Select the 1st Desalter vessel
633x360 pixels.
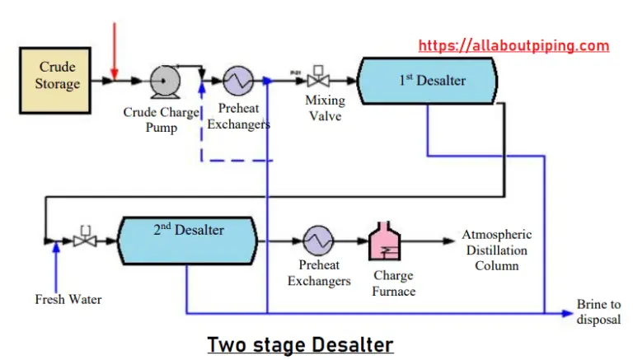427,81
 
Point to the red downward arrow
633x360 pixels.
115,49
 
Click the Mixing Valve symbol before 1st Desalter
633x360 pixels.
314,82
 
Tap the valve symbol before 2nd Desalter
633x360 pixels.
82,240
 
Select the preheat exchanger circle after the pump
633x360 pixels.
238,82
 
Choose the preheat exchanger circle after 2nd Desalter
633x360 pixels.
317,241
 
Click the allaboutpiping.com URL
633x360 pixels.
513,45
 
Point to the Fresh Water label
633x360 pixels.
68,299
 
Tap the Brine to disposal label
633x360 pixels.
599,312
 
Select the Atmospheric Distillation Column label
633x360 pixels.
496,250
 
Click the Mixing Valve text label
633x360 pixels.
325,108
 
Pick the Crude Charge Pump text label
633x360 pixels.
162,119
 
